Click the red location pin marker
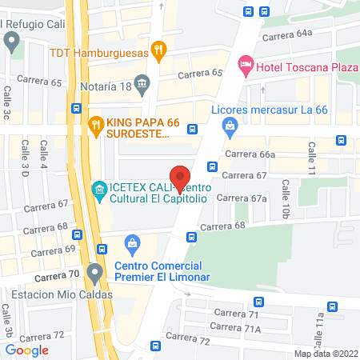(x=181, y=177)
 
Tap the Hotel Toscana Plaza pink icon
(x=246, y=63)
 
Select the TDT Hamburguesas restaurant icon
(x=160, y=50)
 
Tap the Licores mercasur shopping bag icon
(x=230, y=125)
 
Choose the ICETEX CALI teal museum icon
(x=99, y=190)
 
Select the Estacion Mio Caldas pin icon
(x=95, y=273)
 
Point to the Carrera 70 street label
(x=57, y=274)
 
